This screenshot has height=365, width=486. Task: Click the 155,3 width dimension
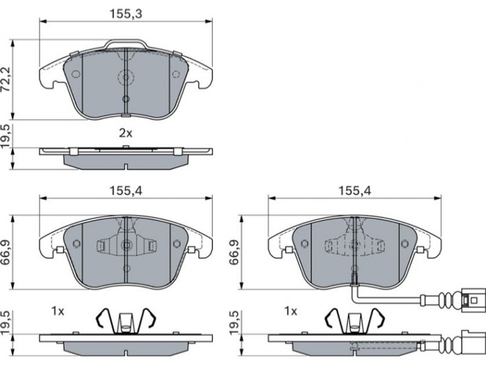(x=126, y=13)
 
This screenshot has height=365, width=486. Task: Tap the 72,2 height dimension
(x=6, y=79)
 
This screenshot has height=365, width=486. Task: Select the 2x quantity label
(x=126, y=133)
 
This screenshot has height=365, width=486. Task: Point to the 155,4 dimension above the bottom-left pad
(x=126, y=190)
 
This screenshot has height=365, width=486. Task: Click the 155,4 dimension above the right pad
(x=355, y=190)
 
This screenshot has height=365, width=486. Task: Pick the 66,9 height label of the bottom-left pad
(x=6, y=252)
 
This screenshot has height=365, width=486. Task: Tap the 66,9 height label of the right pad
(x=234, y=252)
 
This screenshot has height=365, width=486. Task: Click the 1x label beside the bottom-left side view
(x=58, y=311)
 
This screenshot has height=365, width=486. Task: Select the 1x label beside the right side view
(x=290, y=311)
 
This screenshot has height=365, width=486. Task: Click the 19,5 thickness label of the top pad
(x=6, y=137)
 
